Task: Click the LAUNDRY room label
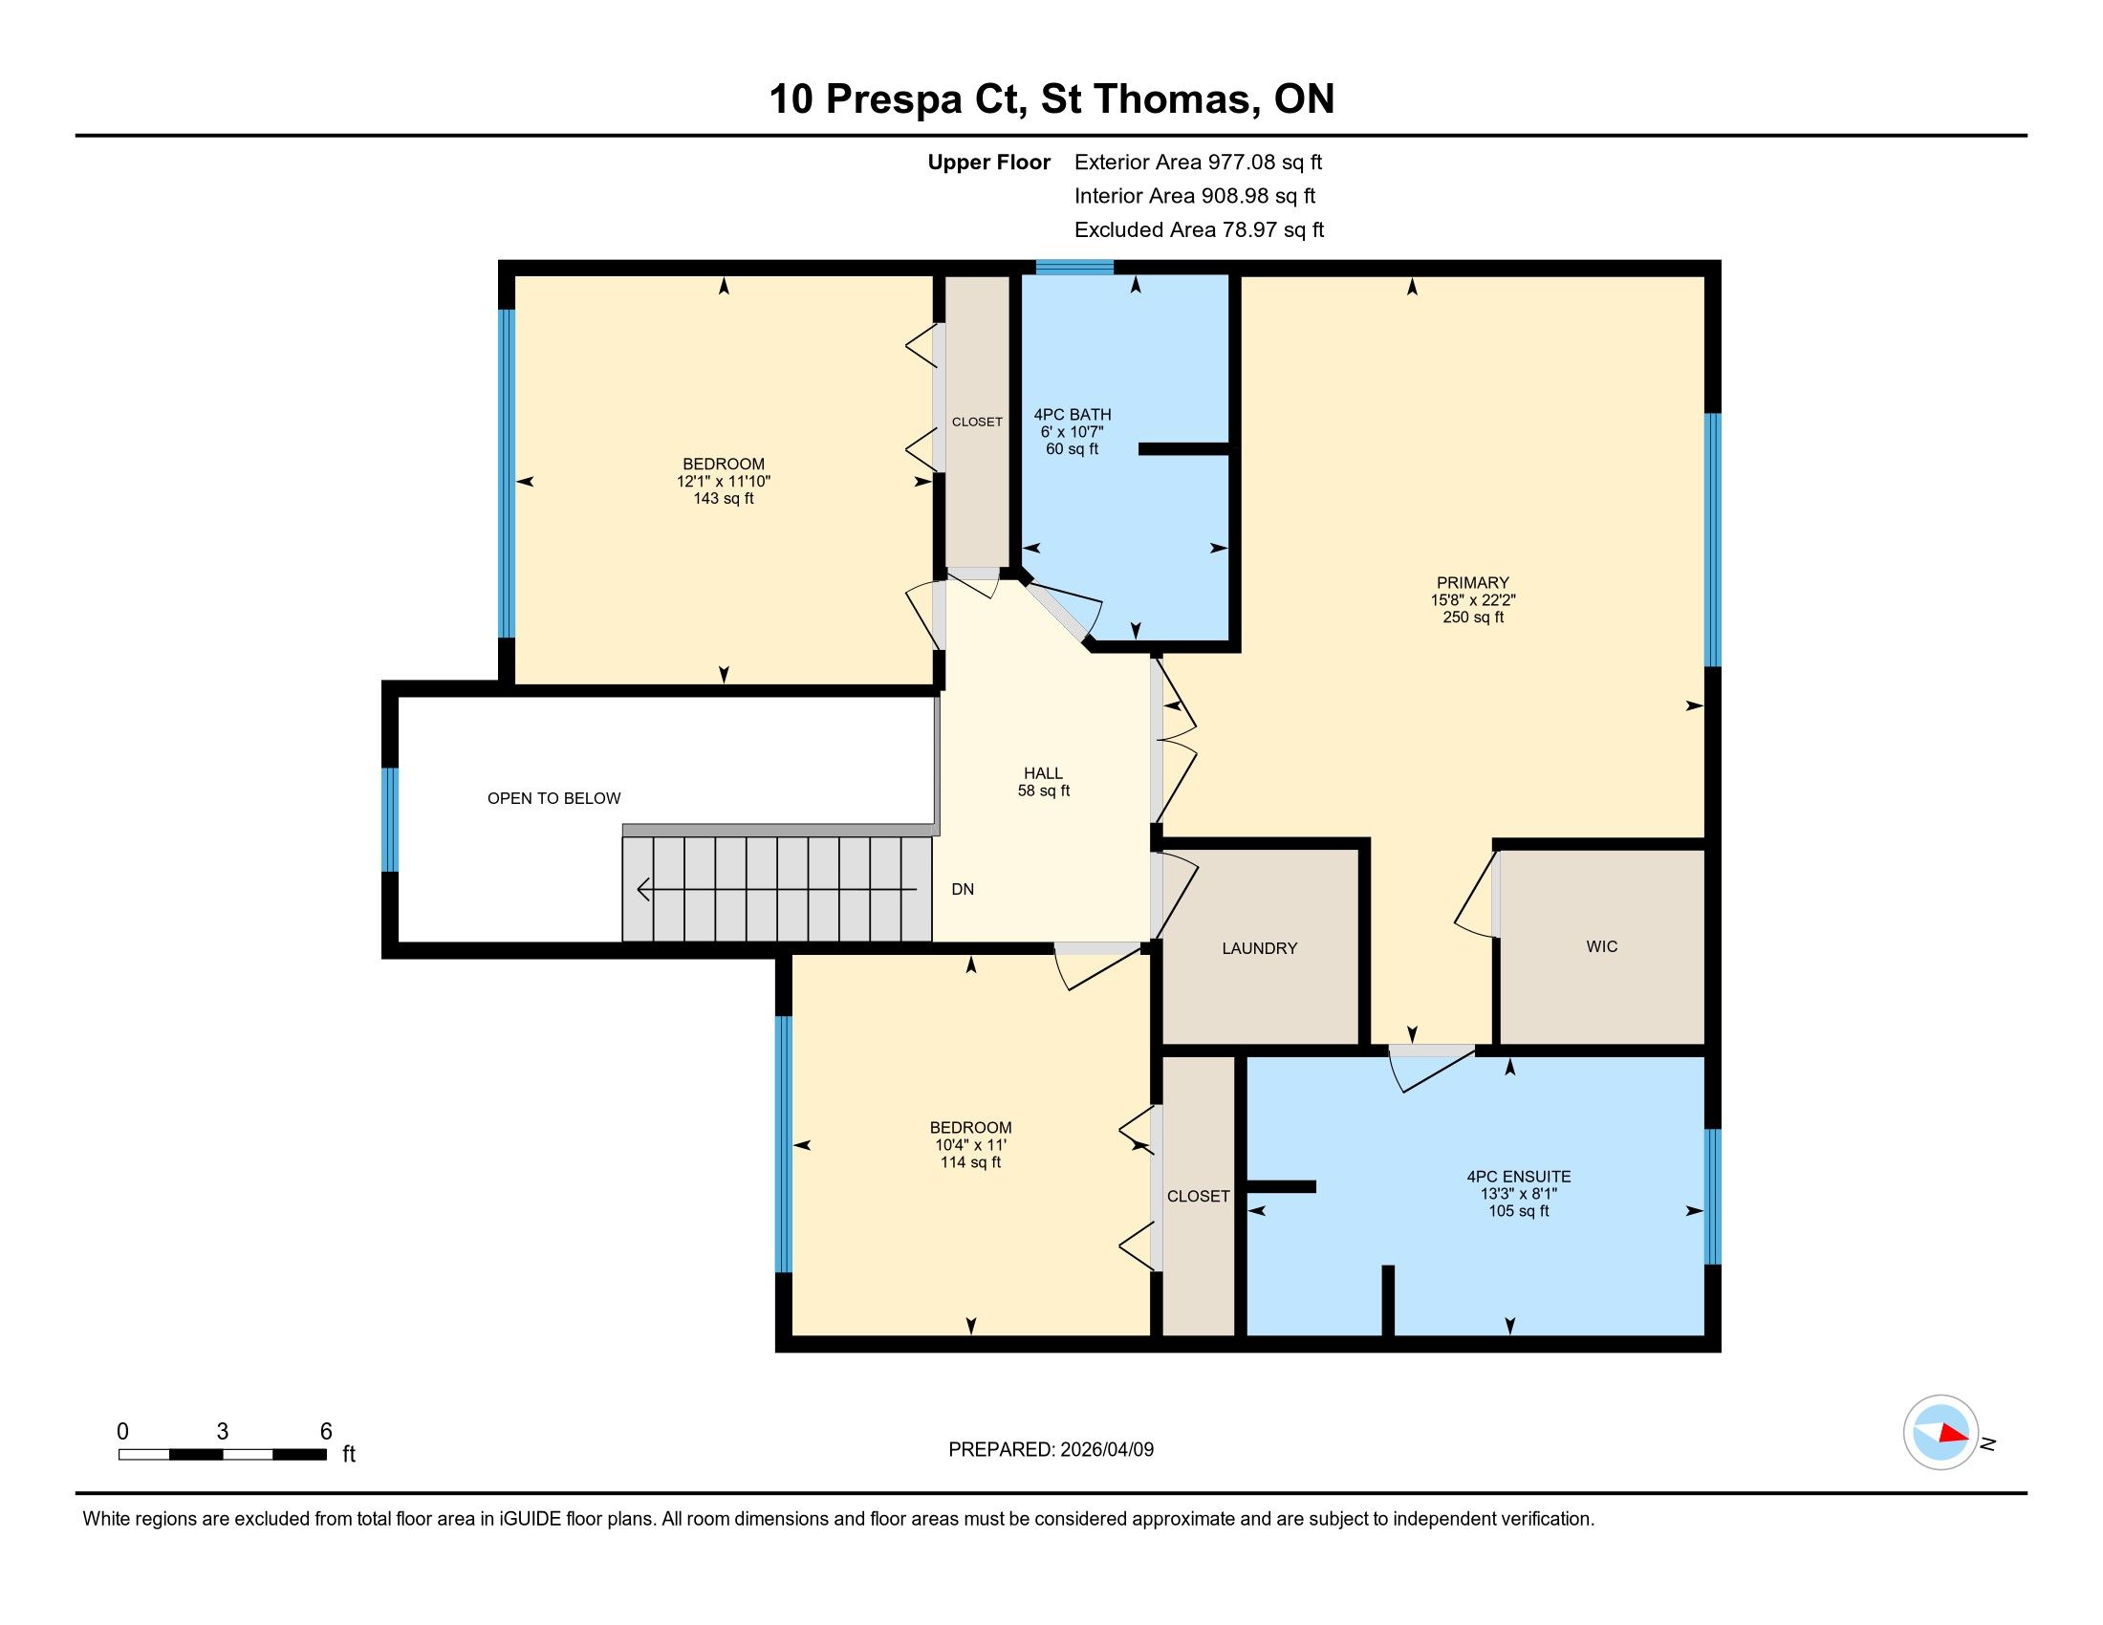coord(1260,948)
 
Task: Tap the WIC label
coord(1602,946)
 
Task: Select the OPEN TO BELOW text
coord(553,798)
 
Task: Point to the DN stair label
coord(963,890)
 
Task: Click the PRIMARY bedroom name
coord(1472,582)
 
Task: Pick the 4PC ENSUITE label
coord(1519,1177)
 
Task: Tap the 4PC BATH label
coord(1073,415)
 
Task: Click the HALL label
coord(1044,773)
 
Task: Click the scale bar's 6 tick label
coord(325,1432)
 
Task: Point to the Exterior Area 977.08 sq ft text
coord(1198,162)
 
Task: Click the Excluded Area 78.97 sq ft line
coord(1199,230)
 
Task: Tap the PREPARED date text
coord(1051,1450)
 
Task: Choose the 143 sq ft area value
coord(724,499)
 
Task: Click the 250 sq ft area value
coord(1472,617)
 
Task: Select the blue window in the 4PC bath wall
coord(1074,268)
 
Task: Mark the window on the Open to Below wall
coord(390,819)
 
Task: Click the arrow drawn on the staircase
coord(777,890)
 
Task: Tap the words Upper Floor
coord(989,162)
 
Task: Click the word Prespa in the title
coord(894,99)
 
